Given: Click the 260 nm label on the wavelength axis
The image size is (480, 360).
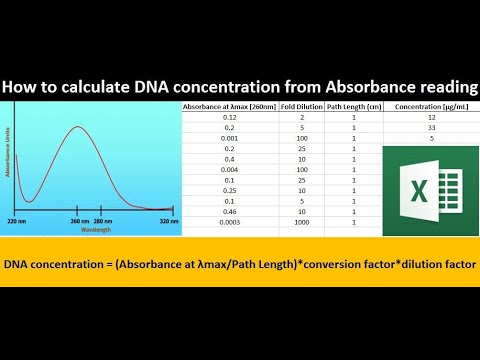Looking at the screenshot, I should point(78,220).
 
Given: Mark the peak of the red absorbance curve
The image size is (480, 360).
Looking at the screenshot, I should point(79,127).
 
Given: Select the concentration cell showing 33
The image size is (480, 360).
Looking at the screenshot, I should point(431,127).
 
